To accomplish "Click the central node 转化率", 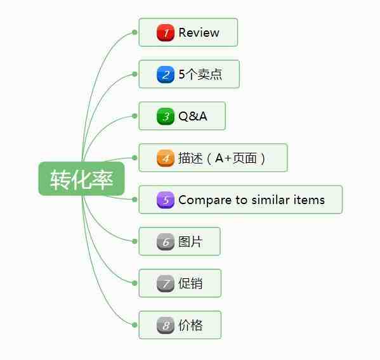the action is coord(81,179).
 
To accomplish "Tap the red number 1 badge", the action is coord(166,32).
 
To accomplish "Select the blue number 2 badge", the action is coord(166,74).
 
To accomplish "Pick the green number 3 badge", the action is coord(166,116).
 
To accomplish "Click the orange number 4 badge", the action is coord(166,158).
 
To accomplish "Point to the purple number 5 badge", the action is coord(166,200).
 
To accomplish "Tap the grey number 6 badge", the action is coord(166,241).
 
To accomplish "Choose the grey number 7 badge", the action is coord(166,283).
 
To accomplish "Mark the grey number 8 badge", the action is coord(166,325).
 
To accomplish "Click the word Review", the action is coord(199,32).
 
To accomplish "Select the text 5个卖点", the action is coord(200,74).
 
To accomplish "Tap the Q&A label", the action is coord(193,116).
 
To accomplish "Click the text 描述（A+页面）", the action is coord(222,158).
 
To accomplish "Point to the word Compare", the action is coord(205,200).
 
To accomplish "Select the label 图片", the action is coord(190,241).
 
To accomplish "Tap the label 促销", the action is coord(190,283).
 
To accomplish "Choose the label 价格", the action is coord(190,325).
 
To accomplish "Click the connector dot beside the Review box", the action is coord(134,32).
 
